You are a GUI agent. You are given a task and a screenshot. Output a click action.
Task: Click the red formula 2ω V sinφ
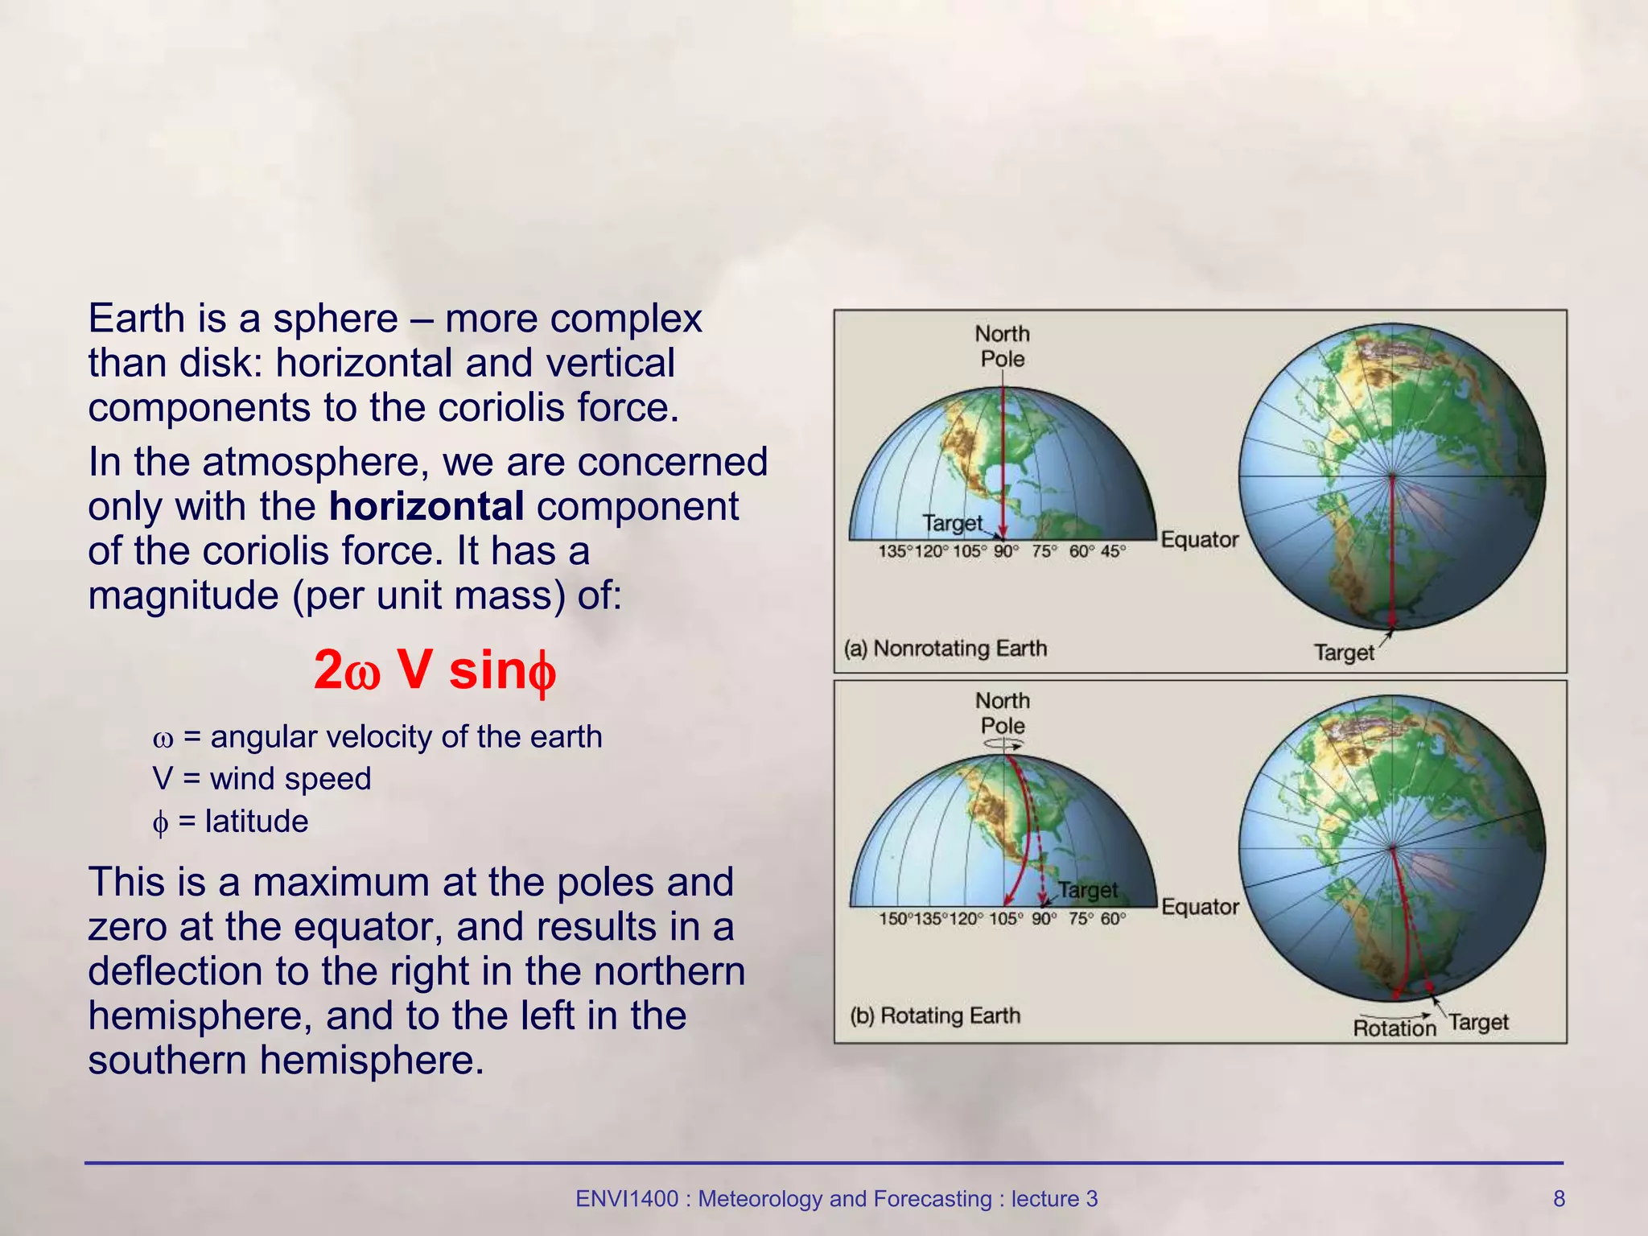(x=435, y=670)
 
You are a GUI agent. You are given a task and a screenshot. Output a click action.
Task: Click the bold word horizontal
(x=426, y=507)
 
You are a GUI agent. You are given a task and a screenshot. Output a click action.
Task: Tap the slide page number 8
(x=1559, y=1199)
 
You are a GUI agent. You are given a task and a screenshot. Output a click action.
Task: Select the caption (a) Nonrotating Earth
(x=945, y=649)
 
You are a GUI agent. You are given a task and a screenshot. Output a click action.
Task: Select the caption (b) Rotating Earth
(x=935, y=1016)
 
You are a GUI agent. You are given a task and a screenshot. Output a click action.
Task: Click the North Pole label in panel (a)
(x=1002, y=346)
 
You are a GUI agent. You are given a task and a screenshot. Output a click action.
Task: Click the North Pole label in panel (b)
(x=1002, y=713)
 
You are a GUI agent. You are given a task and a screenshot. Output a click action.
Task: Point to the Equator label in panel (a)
(x=1199, y=540)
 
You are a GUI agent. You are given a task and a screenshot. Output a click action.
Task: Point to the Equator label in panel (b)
(x=1199, y=907)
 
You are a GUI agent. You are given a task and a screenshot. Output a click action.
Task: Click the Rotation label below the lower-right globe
(x=1394, y=1028)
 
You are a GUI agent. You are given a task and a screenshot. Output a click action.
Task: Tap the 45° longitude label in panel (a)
(x=1113, y=552)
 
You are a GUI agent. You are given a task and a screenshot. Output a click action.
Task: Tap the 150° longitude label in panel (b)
(x=894, y=919)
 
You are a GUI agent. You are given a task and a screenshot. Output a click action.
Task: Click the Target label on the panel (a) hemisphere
(x=953, y=524)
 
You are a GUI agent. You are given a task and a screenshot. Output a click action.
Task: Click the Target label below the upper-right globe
(x=1344, y=653)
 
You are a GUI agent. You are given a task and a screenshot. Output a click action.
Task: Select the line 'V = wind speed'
(x=262, y=779)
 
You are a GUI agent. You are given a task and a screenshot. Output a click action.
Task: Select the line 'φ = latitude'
(x=230, y=822)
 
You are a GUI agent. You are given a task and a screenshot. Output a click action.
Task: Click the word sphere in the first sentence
(x=335, y=319)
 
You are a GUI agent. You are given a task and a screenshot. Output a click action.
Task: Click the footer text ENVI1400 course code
(x=626, y=1199)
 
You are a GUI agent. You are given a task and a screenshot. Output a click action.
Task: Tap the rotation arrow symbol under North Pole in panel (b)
(x=1003, y=745)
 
